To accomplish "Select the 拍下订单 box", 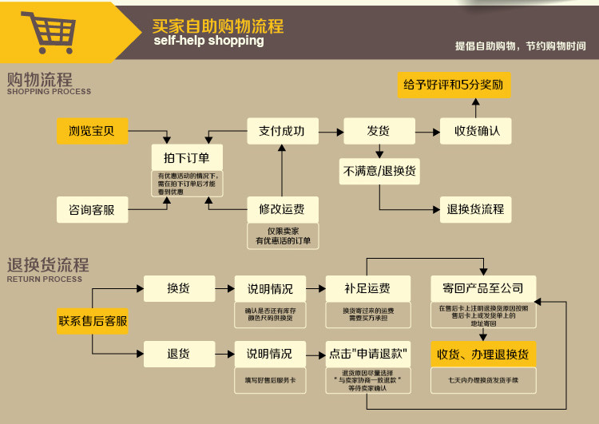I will pos(187,157).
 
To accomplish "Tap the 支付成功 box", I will pos(282,131).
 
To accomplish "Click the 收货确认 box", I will pos(476,131).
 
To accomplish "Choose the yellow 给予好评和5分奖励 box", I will pos(454,84).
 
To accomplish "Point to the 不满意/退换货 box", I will pos(379,171).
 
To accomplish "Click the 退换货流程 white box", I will pos(476,209).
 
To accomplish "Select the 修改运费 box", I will pos(282,209).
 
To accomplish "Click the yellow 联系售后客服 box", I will pos(93,321).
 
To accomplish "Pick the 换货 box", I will pos(179,288).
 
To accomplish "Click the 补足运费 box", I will pos(368,288).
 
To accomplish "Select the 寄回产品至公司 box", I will pos(482,288).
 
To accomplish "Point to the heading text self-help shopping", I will pos(208,41).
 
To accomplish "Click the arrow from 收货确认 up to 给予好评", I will pos(476,108).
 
